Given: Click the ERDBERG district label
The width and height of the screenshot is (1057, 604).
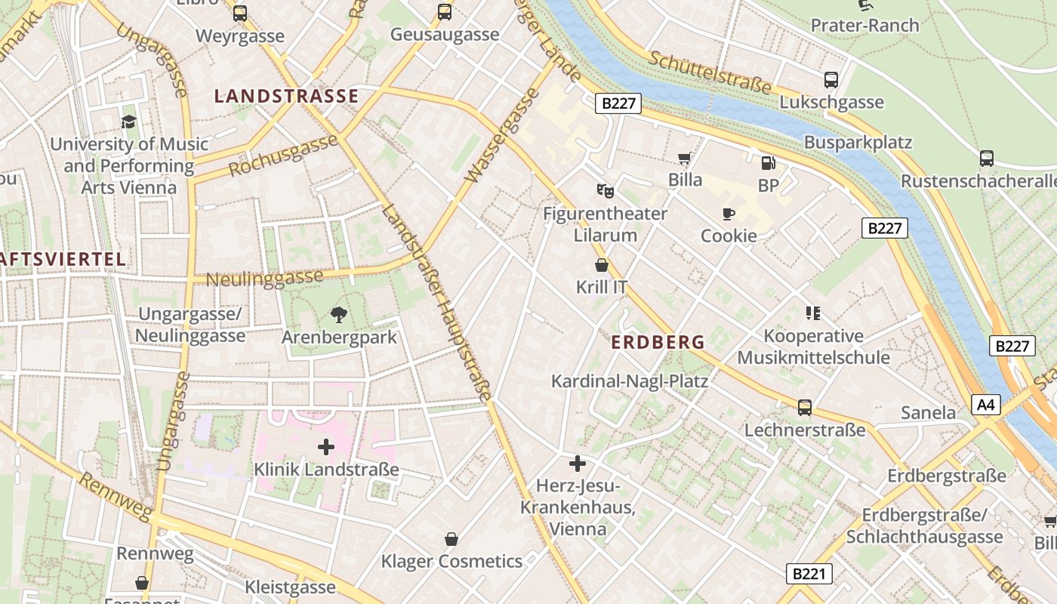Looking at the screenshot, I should coord(658,342).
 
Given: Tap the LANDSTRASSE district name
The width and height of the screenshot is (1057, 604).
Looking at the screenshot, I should coord(286,96).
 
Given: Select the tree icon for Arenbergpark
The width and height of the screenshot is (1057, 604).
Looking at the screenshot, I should coord(339,315).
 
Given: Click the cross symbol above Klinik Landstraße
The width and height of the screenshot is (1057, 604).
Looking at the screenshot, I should coord(326,448).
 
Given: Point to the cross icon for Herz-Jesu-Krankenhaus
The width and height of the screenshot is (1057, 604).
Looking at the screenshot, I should coord(578,464).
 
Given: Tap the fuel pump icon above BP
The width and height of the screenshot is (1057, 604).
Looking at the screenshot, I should coord(768,162).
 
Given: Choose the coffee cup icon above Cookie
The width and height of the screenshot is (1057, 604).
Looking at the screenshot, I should coord(729,214).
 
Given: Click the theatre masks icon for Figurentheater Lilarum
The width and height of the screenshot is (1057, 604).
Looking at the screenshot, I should coord(605,190).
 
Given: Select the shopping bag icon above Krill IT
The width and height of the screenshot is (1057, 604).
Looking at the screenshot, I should coord(602,265).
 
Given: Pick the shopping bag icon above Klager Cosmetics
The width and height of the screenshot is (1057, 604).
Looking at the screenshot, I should coord(451,539).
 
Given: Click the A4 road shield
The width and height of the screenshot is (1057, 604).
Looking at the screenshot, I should coord(986,405).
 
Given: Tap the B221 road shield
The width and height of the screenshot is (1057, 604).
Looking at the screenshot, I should coord(809,574).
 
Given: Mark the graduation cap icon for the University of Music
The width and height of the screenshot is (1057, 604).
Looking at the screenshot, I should coord(129,122).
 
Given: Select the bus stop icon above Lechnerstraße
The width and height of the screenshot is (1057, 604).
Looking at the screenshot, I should coord(805,408).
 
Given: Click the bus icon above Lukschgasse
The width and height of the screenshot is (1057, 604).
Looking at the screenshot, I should coord(831,80).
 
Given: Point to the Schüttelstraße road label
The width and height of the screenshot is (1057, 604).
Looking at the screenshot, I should coord(710,73).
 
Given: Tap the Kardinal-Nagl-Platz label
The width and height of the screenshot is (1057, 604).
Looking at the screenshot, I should coord(630,381).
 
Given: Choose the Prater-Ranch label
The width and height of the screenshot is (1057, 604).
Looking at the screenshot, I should coord(864,25).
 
